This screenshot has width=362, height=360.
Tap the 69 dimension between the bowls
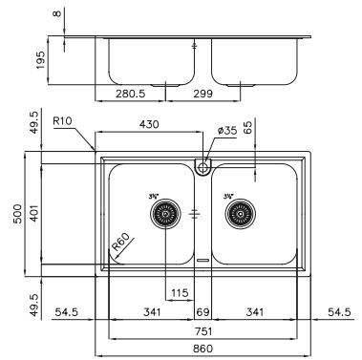click(x=202, y=312)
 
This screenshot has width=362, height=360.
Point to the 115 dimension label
click(x=179, y=292)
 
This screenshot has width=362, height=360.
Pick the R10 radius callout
click(x=63, y=121)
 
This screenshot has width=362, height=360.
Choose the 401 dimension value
click(x=34, y=212)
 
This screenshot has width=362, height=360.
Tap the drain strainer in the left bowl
click(x=165, y=215)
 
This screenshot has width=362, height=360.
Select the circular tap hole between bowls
click(x=202, y=167)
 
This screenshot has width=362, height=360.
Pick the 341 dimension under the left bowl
click(x=151, y=312)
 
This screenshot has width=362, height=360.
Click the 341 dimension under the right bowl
click(x=253, y=312)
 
